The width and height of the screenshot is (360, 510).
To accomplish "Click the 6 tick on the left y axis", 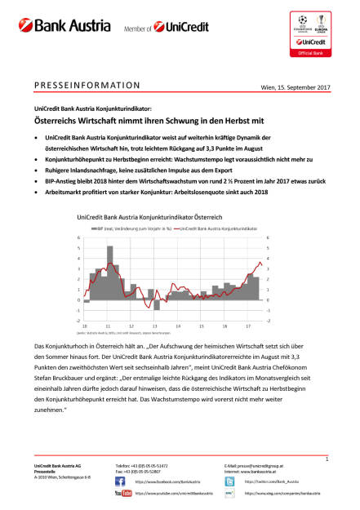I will pos(78,237).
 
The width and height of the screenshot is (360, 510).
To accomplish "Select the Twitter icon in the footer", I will pos(229,481).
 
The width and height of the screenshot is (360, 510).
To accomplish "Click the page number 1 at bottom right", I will pos(325,461).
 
